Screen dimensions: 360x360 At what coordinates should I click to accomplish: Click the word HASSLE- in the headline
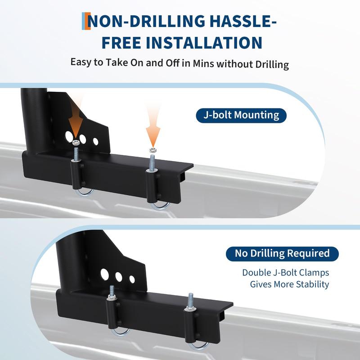pos(243,21)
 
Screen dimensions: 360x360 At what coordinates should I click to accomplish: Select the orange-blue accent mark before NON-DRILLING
pos(86,21)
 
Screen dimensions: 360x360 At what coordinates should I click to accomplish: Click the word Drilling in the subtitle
pos(272,64)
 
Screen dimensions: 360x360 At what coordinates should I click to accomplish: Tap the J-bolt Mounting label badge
pos(241,115)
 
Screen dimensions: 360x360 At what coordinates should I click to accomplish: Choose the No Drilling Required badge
pos(282,254)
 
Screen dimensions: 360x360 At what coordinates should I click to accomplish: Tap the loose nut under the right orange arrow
pos(153,150)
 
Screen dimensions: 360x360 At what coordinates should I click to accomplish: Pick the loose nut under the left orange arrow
pos(76,142)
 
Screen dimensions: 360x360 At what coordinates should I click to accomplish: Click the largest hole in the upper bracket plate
pos(69,136)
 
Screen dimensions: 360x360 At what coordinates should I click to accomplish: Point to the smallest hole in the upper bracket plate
pos(96,142)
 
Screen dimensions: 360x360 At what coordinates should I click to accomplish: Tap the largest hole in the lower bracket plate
pos(105,274)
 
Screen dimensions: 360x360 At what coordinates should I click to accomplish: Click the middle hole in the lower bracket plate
pos(119,277)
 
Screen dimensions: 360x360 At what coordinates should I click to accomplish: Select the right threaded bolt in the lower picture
pos(190,301)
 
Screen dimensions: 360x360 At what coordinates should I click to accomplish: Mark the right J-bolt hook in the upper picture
pos(160,206)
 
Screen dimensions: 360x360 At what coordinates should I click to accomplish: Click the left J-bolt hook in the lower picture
pos(120,333)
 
